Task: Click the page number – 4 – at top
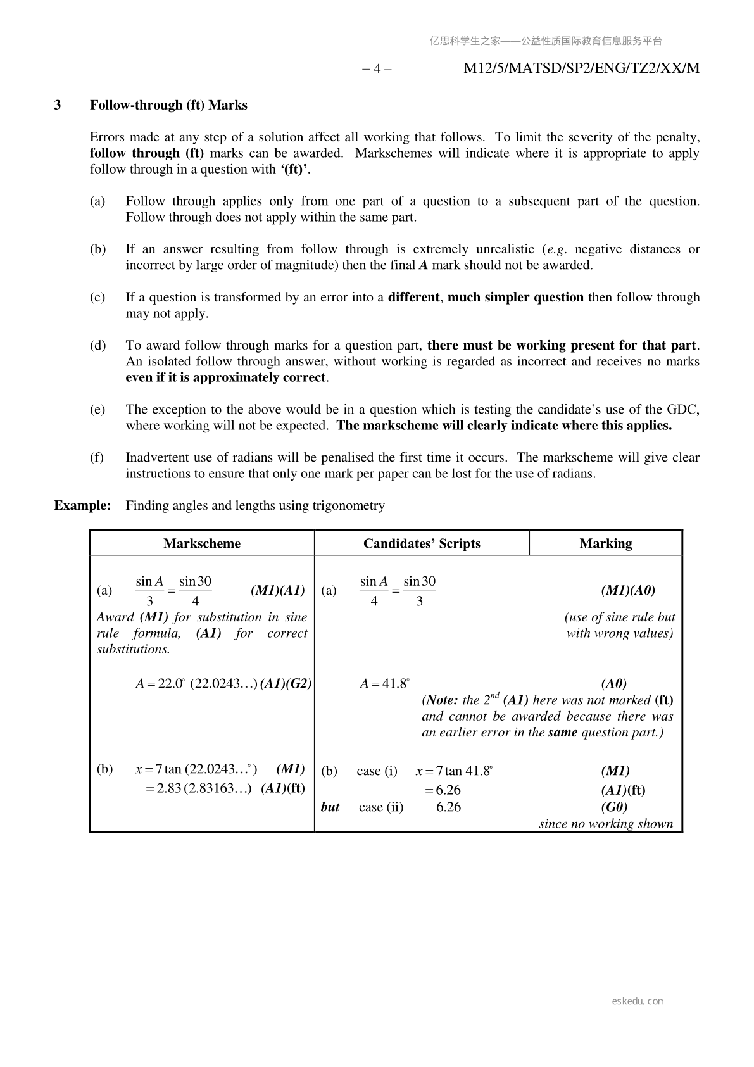[376, 68]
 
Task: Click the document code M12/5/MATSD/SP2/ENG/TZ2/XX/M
[581, 68]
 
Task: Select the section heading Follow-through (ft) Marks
[168, 105]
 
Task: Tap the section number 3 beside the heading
[58, 105]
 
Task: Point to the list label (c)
[97, 298]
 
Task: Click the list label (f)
[97, 458]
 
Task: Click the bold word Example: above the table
[82, 506]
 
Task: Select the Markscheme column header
[201, 544]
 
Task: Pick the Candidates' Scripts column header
[422, 544]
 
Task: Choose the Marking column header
[605, 544]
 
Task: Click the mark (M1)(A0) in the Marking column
[627, 591]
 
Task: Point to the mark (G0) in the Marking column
[614, 807]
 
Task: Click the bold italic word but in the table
[330, 807]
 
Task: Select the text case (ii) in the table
[380, 807]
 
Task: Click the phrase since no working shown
[606, 824]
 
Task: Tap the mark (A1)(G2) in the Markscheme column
[286, 684]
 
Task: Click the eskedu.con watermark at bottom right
[638, 1001]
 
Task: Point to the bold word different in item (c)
[414, 298]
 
